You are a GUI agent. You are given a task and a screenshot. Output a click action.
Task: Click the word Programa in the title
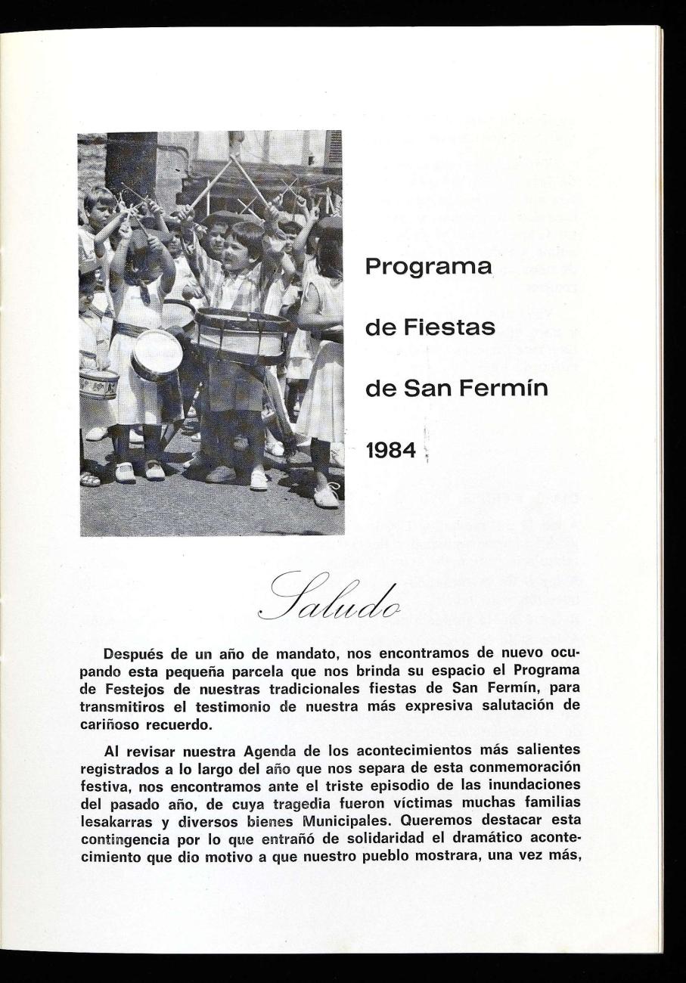point(428,268)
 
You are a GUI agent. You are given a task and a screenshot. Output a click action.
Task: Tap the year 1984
point(391,451)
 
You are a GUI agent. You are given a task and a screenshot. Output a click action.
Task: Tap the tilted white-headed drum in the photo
point(157,354)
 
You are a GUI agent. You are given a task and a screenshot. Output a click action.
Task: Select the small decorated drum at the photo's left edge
point(98,383)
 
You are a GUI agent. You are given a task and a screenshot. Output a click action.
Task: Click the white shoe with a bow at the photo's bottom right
point(327,495)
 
